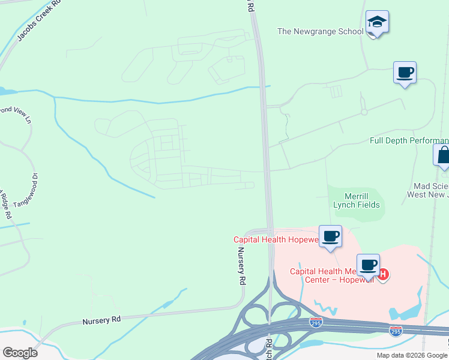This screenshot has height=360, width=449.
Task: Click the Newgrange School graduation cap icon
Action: pos(377,23)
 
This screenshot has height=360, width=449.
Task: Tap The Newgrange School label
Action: pos(321,31)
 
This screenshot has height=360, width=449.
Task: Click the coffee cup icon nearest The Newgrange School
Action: pos(405,73)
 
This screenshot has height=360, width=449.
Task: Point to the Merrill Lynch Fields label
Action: pos(357,200)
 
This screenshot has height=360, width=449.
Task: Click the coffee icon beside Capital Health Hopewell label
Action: pos(330,236)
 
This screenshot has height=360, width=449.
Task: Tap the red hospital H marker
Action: pos(384,275)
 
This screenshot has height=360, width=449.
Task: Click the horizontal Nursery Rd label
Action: pos(101,320)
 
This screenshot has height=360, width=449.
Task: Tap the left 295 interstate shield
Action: pos(316,322)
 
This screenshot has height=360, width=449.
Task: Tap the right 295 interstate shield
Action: pos(395,331)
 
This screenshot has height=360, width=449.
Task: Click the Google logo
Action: pos(20,353)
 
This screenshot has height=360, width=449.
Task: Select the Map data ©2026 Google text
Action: pos(412,355)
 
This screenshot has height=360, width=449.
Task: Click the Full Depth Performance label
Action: pos(409,140)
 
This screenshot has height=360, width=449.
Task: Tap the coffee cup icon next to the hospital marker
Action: pos(368,265)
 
